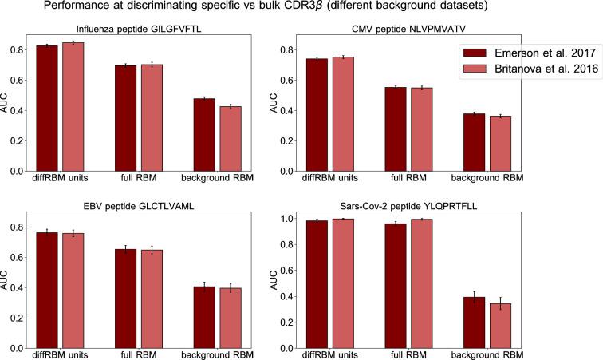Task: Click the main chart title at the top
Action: pos(301,10)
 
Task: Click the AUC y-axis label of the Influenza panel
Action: pos(7,105)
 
